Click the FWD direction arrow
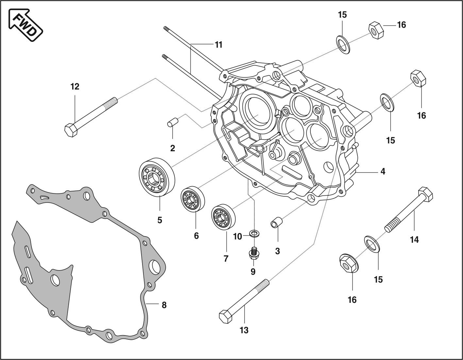25,25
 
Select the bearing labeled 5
157,177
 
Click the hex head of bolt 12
71,130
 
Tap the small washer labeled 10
254,233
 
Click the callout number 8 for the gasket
164,305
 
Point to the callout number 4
383,171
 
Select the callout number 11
219,44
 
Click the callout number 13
244,330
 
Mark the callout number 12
75,87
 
